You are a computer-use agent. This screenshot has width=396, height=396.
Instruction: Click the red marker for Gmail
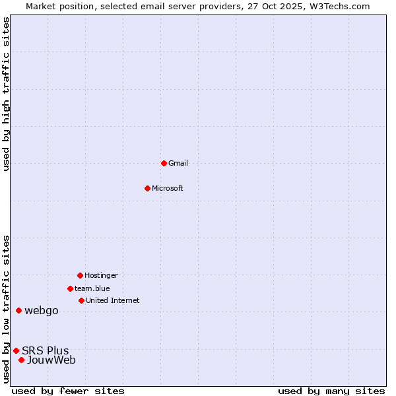click(164, 163)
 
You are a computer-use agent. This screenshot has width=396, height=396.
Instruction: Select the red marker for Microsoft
click(147, 188)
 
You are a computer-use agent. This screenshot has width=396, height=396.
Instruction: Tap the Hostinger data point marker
click(80, 275)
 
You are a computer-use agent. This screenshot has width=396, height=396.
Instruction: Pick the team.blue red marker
click(70, 288)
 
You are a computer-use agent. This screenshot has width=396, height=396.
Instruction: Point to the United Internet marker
click(81, 300)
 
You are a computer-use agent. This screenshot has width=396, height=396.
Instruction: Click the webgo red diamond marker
click(18, 310)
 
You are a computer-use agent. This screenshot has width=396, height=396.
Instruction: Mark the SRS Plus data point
click(16, 350)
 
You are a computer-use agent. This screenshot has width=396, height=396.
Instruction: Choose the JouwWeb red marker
click(21, 360)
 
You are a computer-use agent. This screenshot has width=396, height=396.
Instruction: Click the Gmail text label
click(178, 163)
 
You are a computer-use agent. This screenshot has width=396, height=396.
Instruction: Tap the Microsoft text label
click(168, 188)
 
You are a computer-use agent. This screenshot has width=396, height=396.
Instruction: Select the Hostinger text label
click(101, 275)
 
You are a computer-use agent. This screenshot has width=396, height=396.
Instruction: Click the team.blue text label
click(92, 288)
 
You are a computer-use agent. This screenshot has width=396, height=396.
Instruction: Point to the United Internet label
click(113, 300)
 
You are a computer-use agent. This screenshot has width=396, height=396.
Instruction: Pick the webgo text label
click(42, 311)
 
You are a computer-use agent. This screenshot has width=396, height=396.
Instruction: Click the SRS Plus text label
click(46, 350)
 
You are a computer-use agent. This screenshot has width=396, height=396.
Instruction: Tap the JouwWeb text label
click(51, 360)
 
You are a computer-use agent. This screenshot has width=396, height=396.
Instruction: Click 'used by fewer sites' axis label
click(68, 391)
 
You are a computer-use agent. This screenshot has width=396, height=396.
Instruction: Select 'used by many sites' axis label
click(331, 391)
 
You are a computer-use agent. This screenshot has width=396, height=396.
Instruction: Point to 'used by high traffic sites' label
click(7, 94)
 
